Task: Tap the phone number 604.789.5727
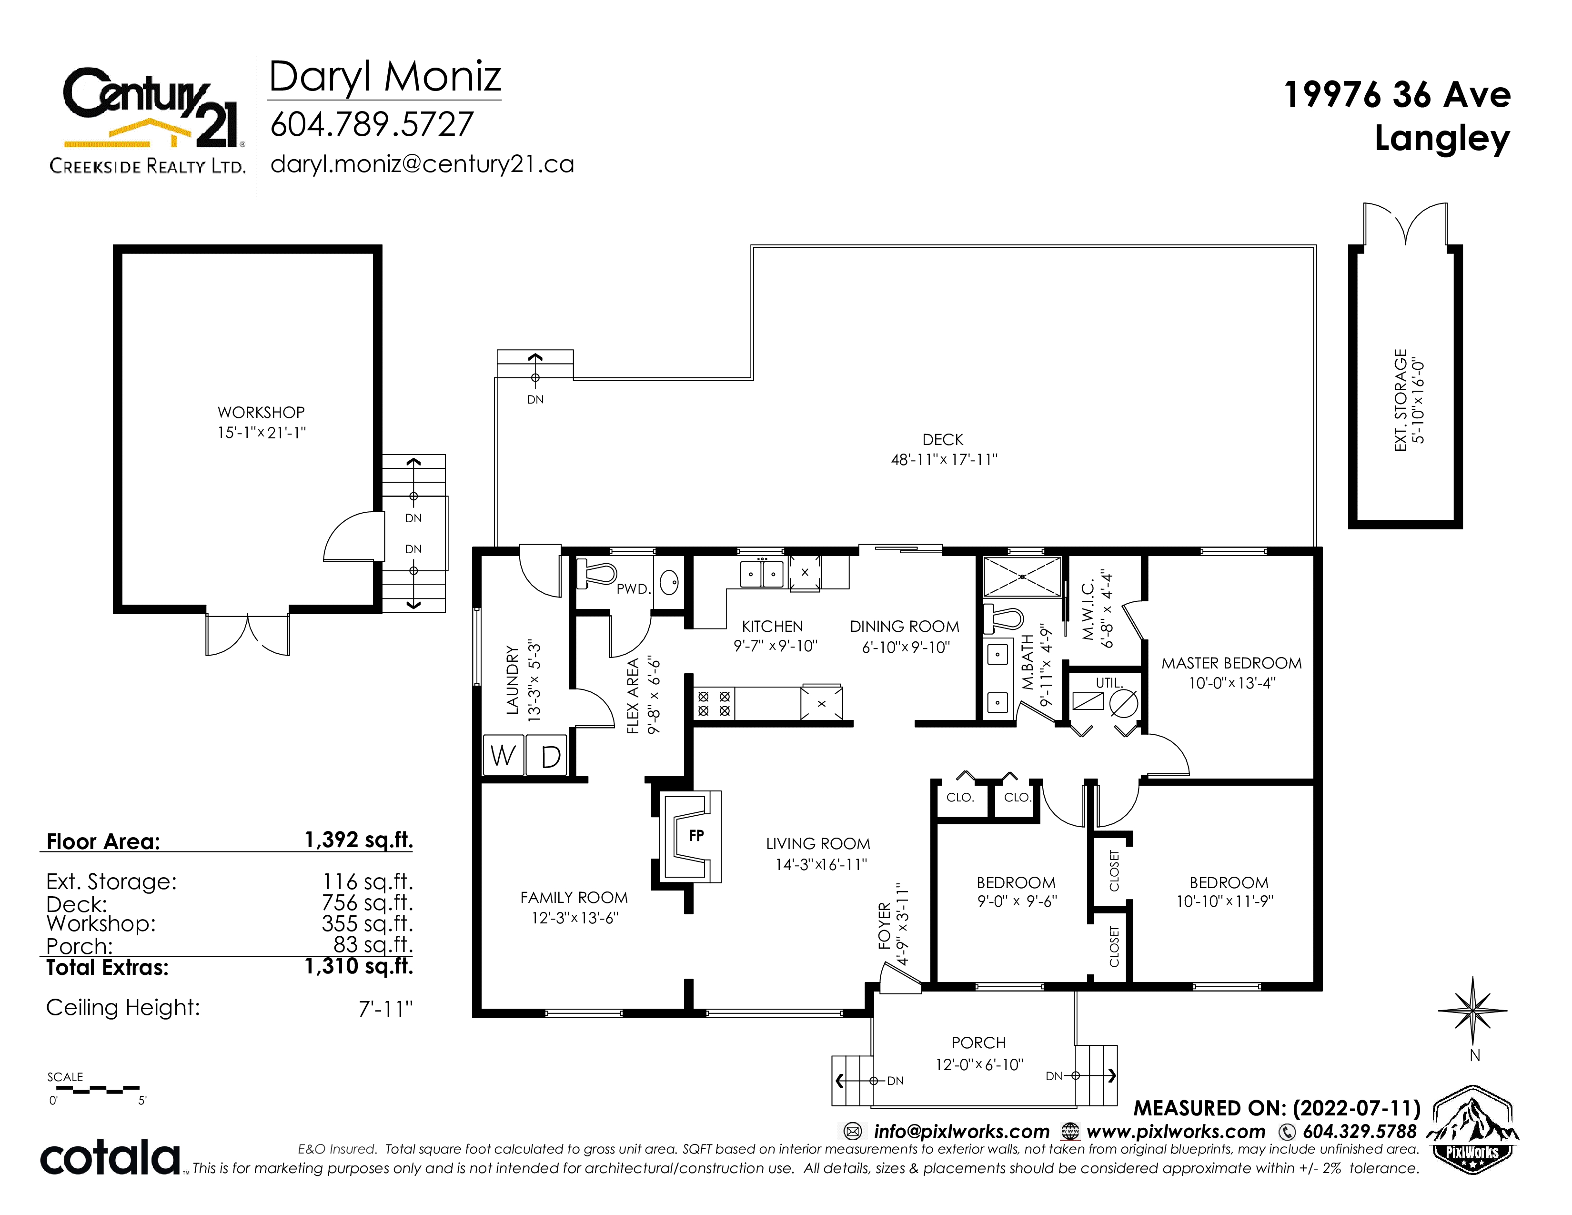pos(372,124)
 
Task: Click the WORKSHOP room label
pos(261,413)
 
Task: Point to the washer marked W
pos(503,756)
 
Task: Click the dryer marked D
pos(547,756)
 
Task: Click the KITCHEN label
pos(772,626)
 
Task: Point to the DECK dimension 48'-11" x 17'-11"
pos(944,460)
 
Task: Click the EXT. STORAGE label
pos(1401,400)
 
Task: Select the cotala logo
pos(110,1157)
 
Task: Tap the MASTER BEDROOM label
pos(1231,663)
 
